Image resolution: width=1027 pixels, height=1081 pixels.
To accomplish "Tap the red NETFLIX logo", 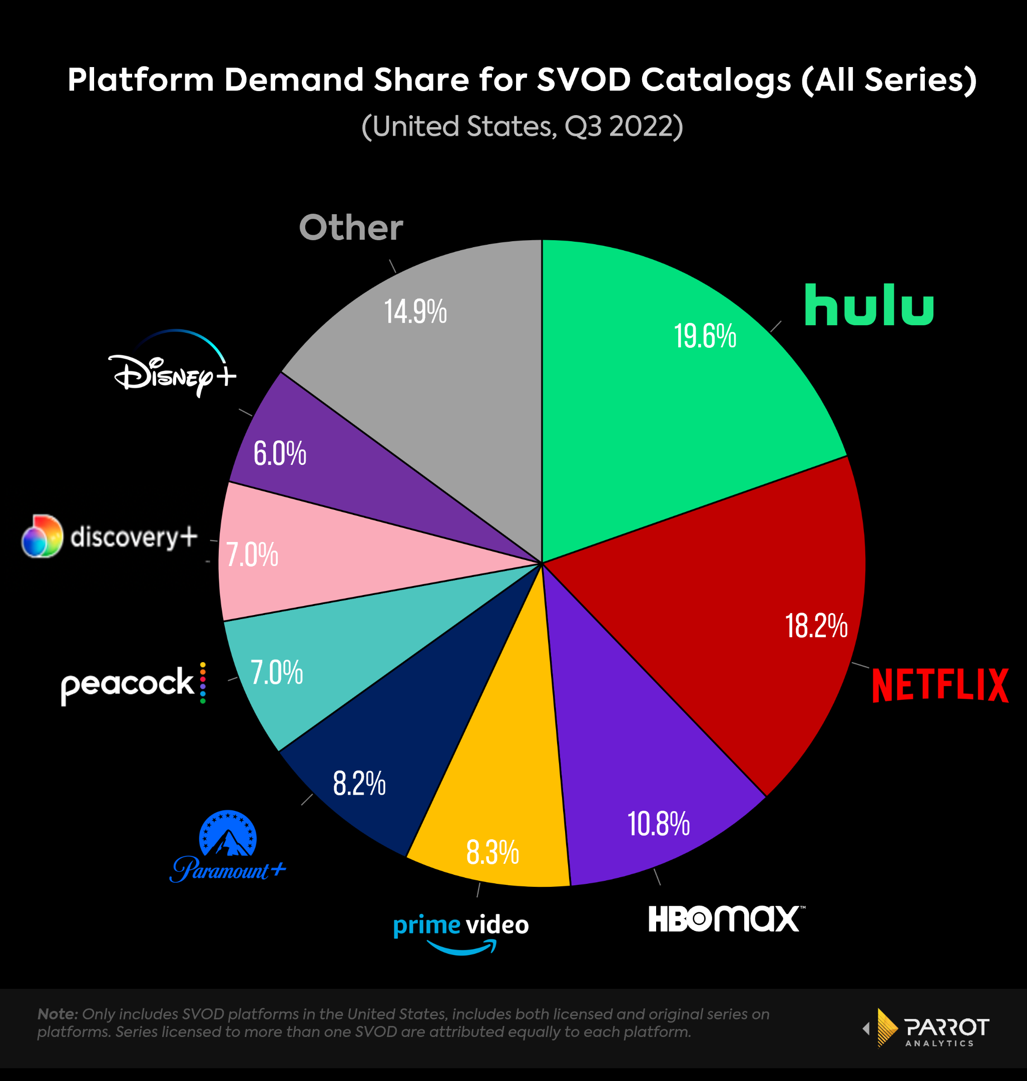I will point(939,685).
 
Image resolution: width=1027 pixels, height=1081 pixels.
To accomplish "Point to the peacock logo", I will point(133,684).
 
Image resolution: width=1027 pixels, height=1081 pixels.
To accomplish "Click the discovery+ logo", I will point(110,536).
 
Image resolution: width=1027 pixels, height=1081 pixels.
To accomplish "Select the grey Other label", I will point(350,228).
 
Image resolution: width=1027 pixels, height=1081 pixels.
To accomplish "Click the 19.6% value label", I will point(705,336).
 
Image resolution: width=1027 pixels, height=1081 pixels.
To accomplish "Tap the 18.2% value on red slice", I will point(816,626).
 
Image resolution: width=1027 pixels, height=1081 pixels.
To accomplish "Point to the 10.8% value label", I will point(658,824).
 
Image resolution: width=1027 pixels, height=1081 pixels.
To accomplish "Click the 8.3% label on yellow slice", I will point(492,853).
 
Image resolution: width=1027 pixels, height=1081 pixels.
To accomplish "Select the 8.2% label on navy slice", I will point(359,783).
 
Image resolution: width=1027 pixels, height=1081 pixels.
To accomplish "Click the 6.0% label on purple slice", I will point(279,454).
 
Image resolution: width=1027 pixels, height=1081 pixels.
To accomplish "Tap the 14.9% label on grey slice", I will point(415,312).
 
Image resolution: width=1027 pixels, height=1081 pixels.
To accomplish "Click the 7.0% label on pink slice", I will point(252,555).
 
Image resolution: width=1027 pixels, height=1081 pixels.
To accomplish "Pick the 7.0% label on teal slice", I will point(276,672).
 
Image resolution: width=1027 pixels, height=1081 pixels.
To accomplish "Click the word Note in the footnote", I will point(58,1013).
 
